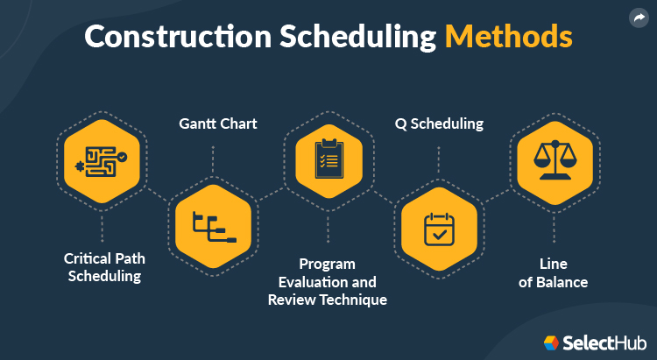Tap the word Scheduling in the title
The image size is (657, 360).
pos(357,38)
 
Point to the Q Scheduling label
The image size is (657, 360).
pos(438,124)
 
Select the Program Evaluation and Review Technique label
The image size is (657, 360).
pos(327,281)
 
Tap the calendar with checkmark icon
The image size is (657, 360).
pos(438,228)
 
